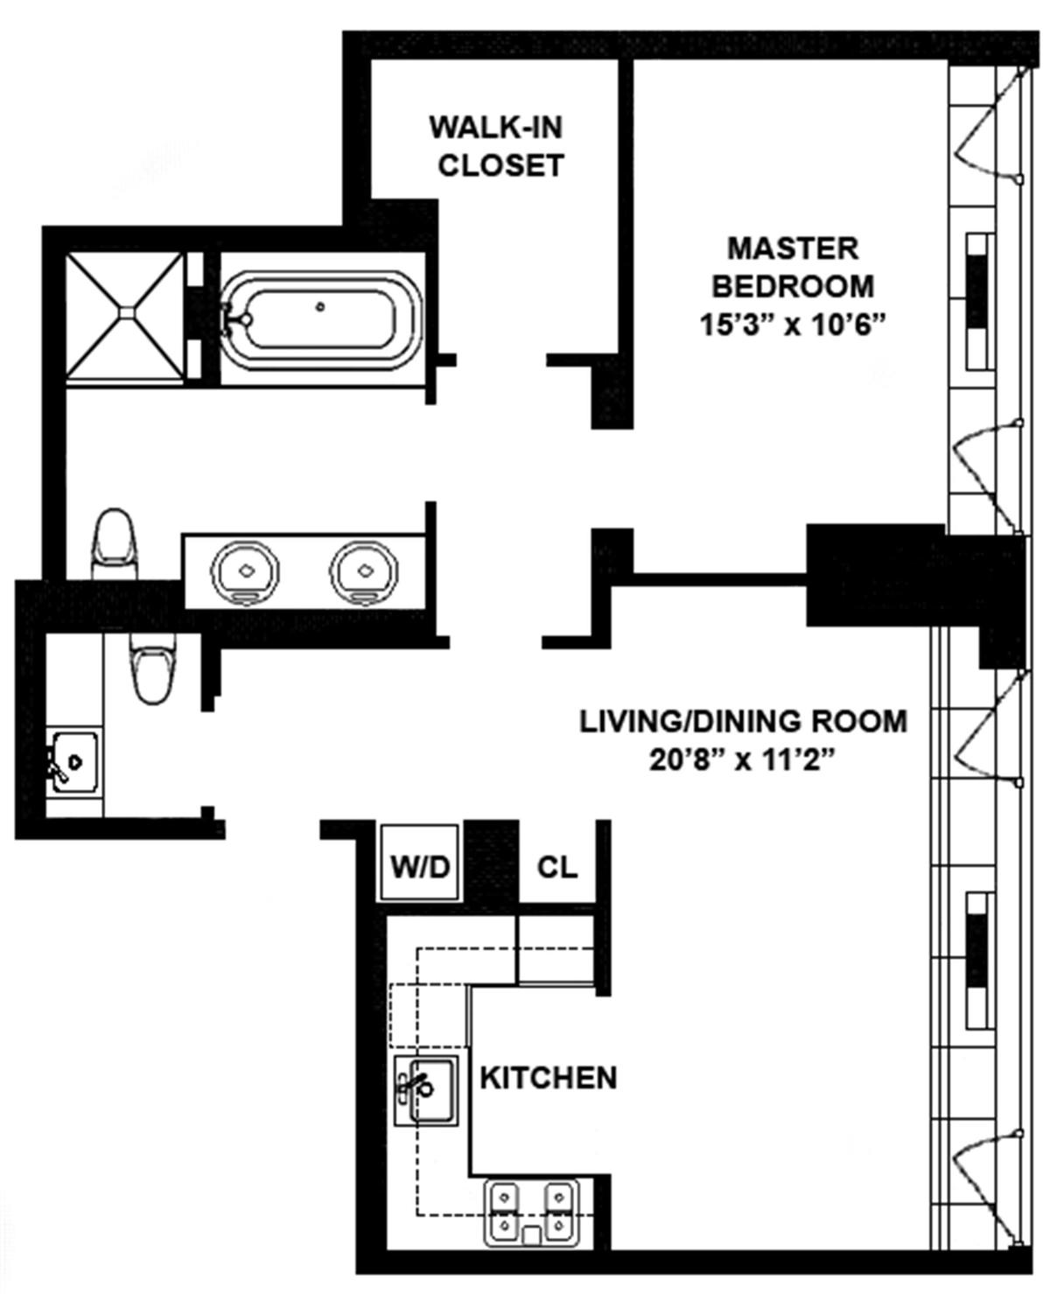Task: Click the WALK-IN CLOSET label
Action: point(497,146)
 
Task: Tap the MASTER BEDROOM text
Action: point(793,267)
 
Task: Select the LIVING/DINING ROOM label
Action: point(744,721)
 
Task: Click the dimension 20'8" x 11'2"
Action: point(744,760)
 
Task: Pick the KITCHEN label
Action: point(549,1078)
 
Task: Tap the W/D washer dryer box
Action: point(419,865)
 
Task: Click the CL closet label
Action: point(557,866)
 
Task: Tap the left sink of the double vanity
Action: point(244,570)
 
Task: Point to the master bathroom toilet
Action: point(114,542)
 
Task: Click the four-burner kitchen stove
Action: point(532,1212)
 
